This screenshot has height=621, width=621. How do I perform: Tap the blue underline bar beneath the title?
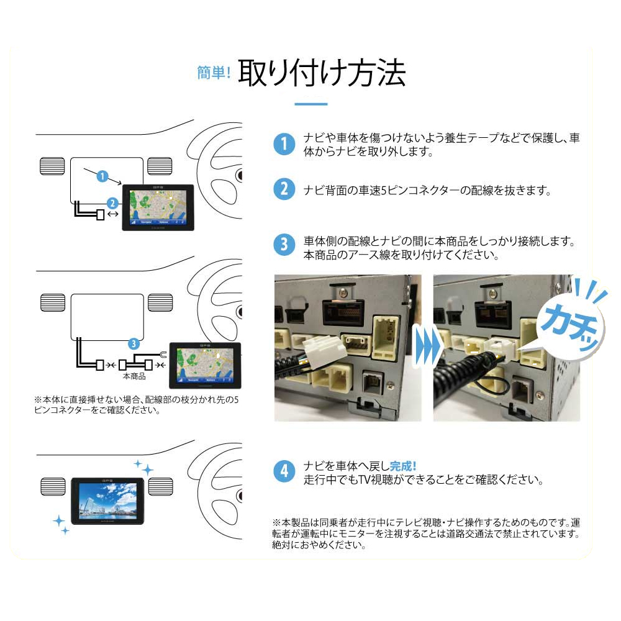point(310,104)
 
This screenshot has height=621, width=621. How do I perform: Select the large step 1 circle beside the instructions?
point(284,145)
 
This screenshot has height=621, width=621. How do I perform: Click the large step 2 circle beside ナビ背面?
point(284,189)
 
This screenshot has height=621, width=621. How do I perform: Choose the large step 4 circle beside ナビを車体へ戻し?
point(284,471)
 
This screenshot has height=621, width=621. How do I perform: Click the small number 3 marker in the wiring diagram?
point(132,343)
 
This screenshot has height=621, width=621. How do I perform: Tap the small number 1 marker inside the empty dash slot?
point(102,176)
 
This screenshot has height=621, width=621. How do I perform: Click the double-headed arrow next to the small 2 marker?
point(112,214)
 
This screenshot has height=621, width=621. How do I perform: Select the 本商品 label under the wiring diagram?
point(134,376)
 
